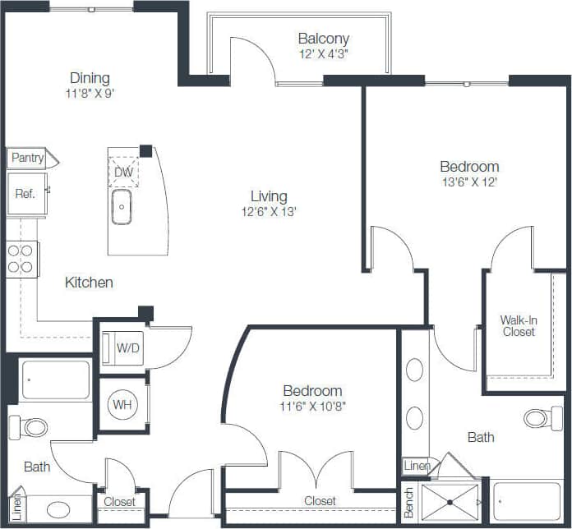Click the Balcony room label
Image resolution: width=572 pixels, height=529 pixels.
(324, 39)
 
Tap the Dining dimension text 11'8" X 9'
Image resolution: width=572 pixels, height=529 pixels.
(90, 93)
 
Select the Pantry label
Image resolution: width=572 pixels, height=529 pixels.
(27, 158)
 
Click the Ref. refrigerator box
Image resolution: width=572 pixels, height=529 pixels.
(25, 195)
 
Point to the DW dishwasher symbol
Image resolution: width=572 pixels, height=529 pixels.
(123, 172)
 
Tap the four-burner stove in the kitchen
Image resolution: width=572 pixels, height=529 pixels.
(21, 259)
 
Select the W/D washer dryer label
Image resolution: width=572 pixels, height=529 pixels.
(127, 347)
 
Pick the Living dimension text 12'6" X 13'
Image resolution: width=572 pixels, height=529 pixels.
(269, 211)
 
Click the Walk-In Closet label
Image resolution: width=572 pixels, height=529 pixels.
(518, 326)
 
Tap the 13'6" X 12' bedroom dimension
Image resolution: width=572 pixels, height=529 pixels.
(469, 182)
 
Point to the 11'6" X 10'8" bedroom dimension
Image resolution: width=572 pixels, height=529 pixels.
(312, 406)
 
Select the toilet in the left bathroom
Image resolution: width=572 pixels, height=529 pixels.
(29, 427)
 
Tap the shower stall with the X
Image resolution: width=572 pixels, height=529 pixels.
(450, 502)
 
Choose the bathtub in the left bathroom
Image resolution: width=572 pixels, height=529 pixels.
(55, 379)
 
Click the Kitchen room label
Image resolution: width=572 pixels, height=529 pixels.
(89, 283)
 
